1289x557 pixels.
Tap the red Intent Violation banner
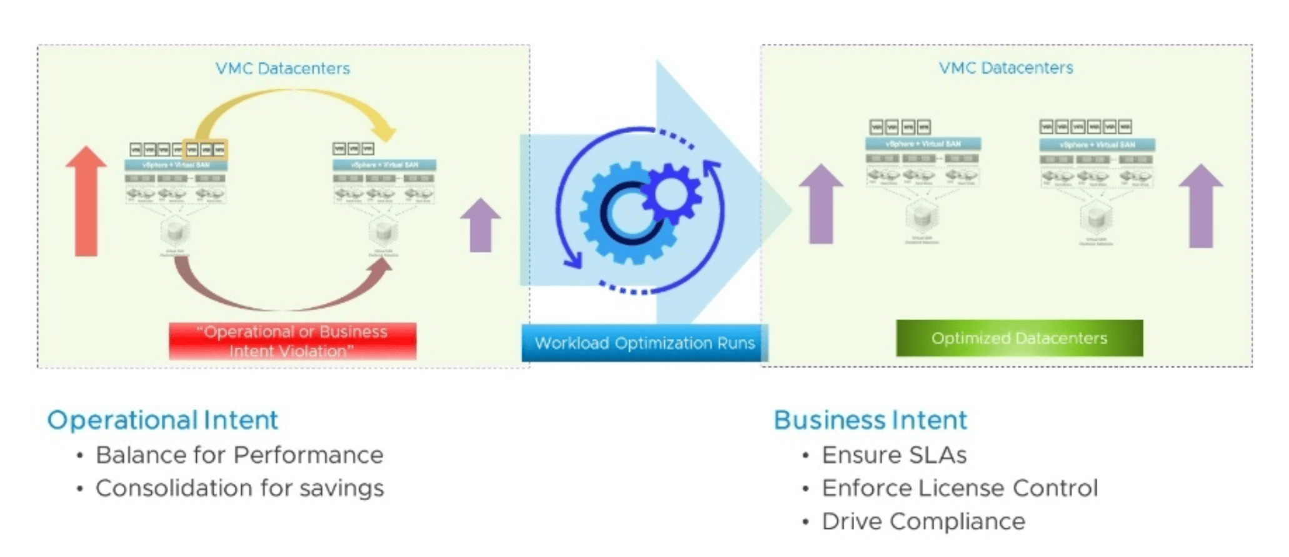coord(292,341)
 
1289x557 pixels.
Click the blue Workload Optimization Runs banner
coord(644,343)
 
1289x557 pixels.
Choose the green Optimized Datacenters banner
coord(1019,338)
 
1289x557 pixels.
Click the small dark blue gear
coord(671,193)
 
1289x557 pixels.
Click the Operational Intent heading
coord(162,420)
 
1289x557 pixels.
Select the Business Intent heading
coord(870,420)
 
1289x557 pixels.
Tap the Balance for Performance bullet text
coord(239,455)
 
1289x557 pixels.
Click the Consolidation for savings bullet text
coord(239,488)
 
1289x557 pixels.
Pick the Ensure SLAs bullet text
coord(894,455)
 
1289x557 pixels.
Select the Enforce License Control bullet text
coord(959,488)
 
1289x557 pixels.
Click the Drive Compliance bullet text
coord(923,521)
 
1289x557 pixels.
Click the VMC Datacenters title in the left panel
coord(282,68)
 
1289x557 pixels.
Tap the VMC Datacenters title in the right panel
coord(1005,68)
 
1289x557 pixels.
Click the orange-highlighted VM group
coord(205,149)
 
